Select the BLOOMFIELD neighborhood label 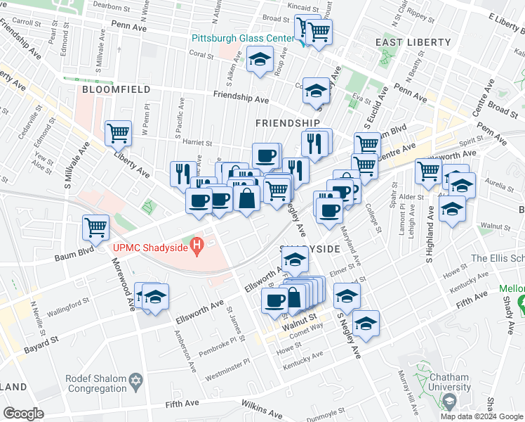(116, 90)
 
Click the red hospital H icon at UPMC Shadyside (198, 246)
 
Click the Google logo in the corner (23, 414)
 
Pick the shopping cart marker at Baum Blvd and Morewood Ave (95, 226)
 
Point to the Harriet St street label (197, 142)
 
